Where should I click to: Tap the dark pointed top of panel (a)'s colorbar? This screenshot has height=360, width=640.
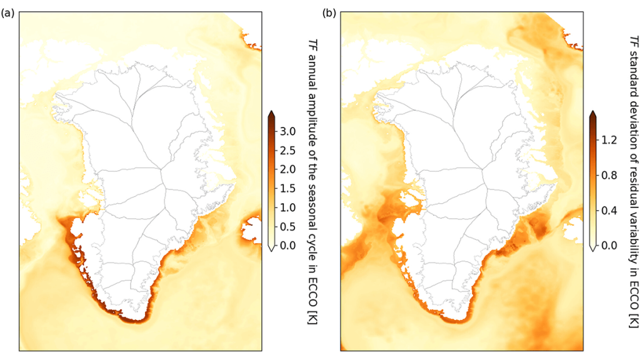click(272, 114)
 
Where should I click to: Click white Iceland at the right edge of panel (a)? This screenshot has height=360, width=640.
click(252, 228)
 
